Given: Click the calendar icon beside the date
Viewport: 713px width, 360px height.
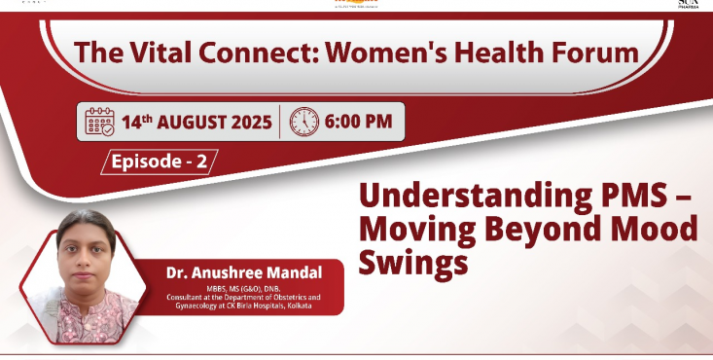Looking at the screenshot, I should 101,122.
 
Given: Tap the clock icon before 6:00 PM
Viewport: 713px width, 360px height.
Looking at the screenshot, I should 304,122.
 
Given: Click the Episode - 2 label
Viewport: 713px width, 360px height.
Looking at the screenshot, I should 159,162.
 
